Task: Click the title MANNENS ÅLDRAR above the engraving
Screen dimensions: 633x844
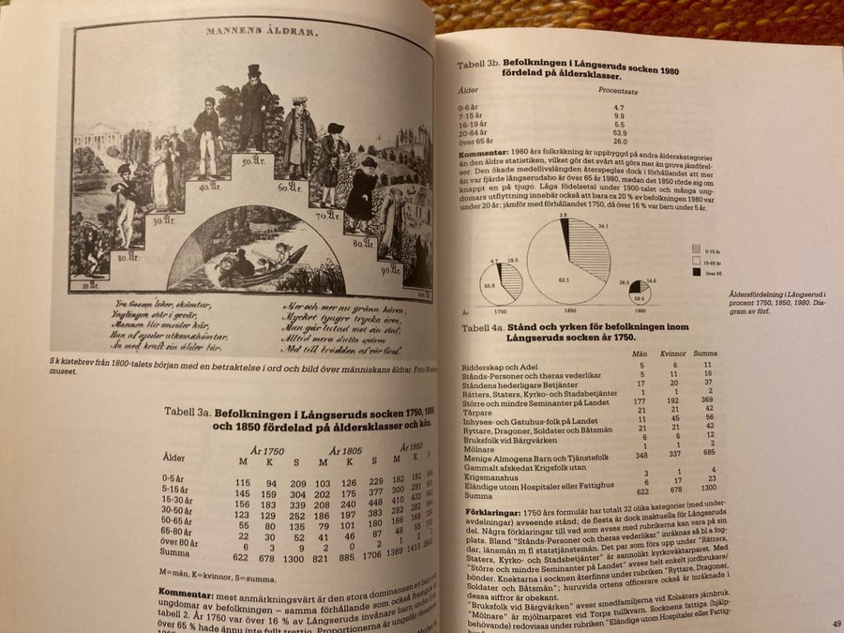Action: pos(262,31)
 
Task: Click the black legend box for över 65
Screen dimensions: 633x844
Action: pos(697,273)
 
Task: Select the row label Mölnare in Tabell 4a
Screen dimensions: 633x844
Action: pos(480,445)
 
